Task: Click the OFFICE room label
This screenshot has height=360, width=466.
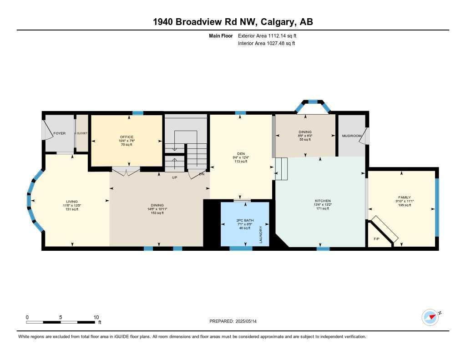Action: click(x=127, y=137)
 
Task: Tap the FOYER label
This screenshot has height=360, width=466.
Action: click(x=60, y=133)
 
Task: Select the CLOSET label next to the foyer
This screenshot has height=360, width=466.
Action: click(x=82, y=133)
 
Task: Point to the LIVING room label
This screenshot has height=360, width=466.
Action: click(x=72, y=201)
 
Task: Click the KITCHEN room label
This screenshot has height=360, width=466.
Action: click(x=323, y=201)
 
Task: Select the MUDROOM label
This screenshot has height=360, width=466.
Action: click(x=351, y=136)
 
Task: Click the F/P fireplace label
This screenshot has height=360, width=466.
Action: click(x=376, y=239)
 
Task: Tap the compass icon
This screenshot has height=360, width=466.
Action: click(x=430, y=317)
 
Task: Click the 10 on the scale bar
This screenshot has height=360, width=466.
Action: click(x=96, y=317)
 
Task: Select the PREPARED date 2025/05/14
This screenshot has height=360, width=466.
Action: click(x=236, y=321)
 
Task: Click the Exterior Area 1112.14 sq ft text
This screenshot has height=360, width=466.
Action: click(x=268, y=35)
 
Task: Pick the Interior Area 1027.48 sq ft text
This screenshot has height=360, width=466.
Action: click(x=267, y=44)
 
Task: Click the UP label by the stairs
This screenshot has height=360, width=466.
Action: click(x=174, y=178)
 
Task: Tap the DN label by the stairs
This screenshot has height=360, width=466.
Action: click(x=202, y=174)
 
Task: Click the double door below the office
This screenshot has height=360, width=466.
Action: click(x=126, y=171)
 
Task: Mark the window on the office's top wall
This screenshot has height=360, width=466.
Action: click(x=138, y=113)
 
